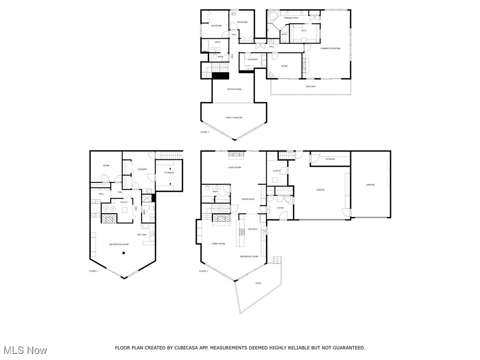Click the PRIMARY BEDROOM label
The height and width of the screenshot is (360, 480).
click(330, 48)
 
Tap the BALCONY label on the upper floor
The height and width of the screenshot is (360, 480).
click(310, 86)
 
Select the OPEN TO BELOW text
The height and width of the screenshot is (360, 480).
click(234, 118)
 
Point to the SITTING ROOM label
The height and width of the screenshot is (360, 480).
click(234, 89)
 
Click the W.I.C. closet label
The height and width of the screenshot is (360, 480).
click(304, 31)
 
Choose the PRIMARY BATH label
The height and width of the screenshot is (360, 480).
click(291, 18)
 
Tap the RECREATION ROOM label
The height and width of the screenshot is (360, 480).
click(119, 244)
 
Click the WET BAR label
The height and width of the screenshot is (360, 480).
click(142, 234)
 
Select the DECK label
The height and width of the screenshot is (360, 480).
click(258, 283)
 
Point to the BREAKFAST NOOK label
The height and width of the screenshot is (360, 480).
click(249, 256)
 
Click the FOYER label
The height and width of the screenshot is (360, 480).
click(280, 208)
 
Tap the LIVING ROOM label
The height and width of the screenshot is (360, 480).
click(234, 167)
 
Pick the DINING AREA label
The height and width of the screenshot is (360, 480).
click(248, 199)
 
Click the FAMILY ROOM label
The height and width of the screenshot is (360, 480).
click(218, 244)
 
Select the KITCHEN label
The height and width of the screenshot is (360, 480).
click(253, 229)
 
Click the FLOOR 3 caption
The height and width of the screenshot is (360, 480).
click(205, 132)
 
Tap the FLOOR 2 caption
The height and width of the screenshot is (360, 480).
click(203, 271)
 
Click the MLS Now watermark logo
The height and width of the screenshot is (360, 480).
click(24, 350)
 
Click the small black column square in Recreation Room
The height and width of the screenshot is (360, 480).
click(124, 253)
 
